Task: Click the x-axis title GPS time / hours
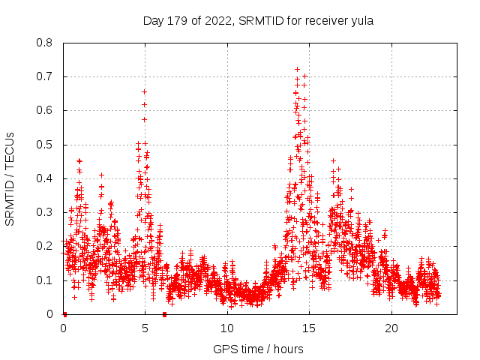click(x=258, y=349)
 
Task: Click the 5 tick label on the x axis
click(x=145, y=328)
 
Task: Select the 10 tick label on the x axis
click(x=227, y=328)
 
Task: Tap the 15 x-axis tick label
click(x=309, y=328)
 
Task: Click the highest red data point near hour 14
click(x=297, y=69)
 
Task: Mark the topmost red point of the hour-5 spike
click(x=144, y=91)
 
